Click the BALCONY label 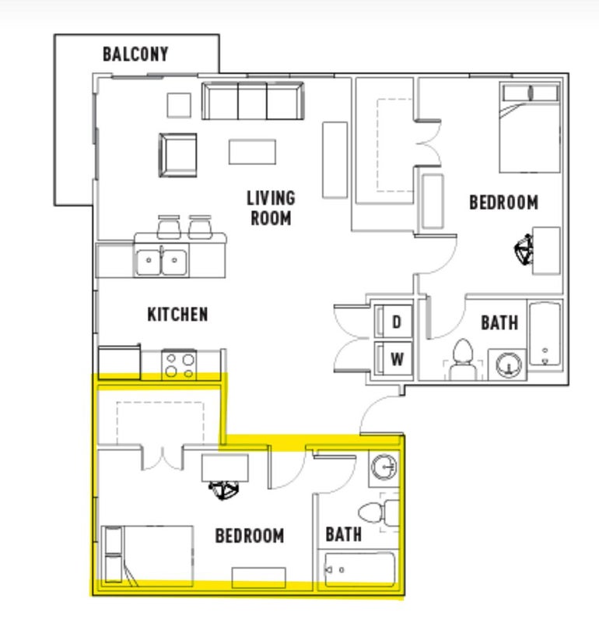click(135, 54)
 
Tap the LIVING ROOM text click(271, 208)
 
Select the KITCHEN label click(177, 315)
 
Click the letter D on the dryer click(396, 322)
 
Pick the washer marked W click(394, 359)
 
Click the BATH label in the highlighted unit click(343, 534)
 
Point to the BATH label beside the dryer click(499, 322)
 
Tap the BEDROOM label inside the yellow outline click(249, 536)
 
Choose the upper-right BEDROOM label click(504, 202)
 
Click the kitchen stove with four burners click(179, 364)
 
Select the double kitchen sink click(161, 262)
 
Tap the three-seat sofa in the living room click(253, 100)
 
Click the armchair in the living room click(178, 155)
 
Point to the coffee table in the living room click(252, 151)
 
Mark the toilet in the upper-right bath click(463, 358)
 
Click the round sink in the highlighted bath click(384, 466)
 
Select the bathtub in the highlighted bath click(359, 570)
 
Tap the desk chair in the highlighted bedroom click(224, 490)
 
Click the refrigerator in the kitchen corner click(119, 363)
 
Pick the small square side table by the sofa click(179, 105)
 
